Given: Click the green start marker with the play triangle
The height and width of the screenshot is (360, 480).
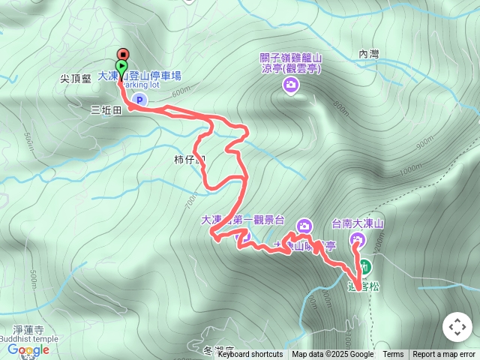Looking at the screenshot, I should point(122,66).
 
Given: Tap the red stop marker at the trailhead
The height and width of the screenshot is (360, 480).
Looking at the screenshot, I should point(122,54).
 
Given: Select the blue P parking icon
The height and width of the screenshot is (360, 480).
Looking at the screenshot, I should point(139,100).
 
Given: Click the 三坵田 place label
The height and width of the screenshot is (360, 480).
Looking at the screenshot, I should point(106,109).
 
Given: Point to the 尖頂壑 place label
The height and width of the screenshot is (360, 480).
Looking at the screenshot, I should point(76,77).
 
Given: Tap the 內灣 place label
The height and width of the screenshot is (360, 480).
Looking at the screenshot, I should point(369,54).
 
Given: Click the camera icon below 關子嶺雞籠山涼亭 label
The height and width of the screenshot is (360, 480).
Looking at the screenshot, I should point(290,86).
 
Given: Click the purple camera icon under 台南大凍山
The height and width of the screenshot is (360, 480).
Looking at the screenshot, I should point(357,240).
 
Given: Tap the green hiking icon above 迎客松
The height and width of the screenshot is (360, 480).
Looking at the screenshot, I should point(364,266).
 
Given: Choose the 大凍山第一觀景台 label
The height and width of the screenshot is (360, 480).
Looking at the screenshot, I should point(243,220).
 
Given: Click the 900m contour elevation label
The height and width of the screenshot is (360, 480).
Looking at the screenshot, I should point(424,140).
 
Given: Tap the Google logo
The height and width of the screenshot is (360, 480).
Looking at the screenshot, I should point(28,349).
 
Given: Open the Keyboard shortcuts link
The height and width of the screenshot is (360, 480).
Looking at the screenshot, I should point(250,355).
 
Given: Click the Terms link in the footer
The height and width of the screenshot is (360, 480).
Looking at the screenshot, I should point(393,355).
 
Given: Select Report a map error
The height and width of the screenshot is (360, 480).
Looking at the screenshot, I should point(444,355).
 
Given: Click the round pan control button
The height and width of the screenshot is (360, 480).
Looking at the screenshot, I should point(456,327).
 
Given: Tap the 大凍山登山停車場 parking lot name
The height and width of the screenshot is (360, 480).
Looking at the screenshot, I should point(139,76).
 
